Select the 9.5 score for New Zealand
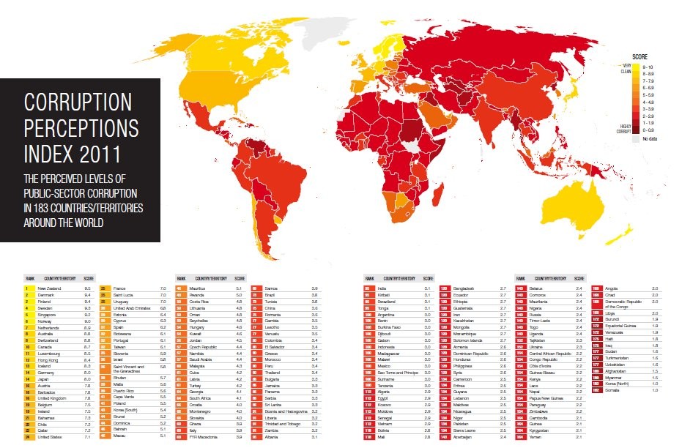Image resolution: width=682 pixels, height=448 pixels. click(88, 288)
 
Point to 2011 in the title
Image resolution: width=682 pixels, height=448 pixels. click(103, 154)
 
